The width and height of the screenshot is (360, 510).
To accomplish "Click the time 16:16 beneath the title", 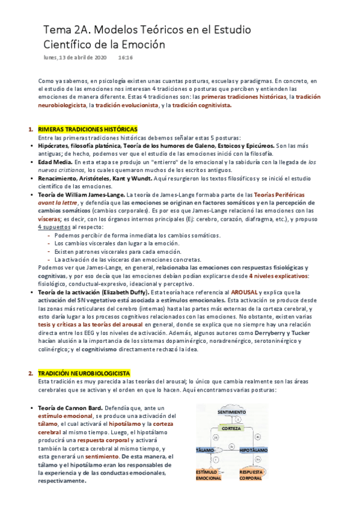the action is click(x=125, y=58).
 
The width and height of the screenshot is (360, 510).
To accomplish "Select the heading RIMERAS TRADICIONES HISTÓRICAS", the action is click(x=87, y=129).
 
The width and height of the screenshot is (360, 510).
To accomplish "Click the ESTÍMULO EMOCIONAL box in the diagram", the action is click(x=207, y=475).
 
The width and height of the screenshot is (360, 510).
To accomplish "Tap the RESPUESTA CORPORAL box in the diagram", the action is click(x=251, y=475).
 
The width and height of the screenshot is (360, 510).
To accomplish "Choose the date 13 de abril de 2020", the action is click(x=83, y=58).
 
